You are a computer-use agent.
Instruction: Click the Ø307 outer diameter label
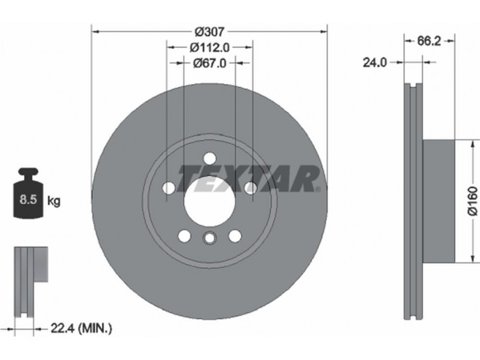209,31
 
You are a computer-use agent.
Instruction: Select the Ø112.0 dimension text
209,47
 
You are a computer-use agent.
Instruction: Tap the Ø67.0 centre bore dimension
209,63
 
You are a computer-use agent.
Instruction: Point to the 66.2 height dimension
429,41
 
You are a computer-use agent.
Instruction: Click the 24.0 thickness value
375,62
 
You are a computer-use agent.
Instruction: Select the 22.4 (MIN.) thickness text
82,328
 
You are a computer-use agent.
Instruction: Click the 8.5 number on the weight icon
28,199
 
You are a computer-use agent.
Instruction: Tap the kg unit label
54,201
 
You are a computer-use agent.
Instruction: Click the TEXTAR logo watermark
248,178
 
